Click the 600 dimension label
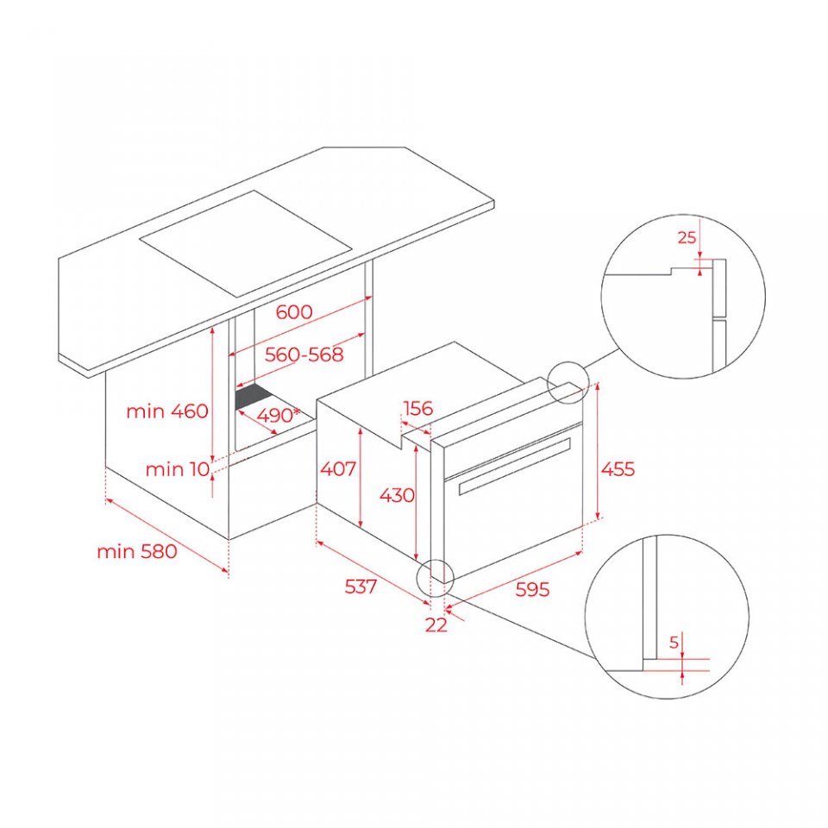(x=294, y=312)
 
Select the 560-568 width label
(x=304, y=354)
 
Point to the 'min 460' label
(x=167, y=411)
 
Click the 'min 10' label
(x=178, y=469)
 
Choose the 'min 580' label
(x=137, y=552)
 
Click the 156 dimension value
(x=417, y=408)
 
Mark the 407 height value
(x=338, y=468)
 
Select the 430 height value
(x=397, y=495)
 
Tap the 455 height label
(x=618, y=469)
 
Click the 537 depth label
(x=361, y=586)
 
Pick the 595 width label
(x=532, y=589)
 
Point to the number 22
(x=436, y=625)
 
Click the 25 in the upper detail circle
(x=687, y=238)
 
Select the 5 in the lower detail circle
(x=674, y=643)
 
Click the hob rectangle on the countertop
(x=246, y=242)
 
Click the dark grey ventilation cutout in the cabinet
(x=254, y=397)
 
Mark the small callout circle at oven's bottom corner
(x=435, y=578)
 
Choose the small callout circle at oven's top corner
(x=568, y=382)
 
